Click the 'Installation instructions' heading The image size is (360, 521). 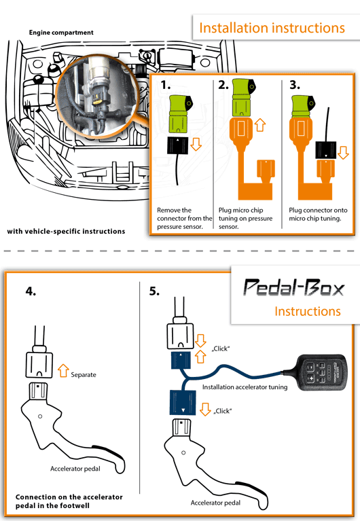coord(272,28)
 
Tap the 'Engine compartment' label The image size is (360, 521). coord(61,33)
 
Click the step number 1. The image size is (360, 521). coord(165,85)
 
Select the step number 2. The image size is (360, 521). coord(223,85)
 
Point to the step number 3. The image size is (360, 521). coord(295,85)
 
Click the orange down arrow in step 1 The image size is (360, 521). coord(196,145)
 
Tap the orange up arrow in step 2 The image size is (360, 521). coord(260,125)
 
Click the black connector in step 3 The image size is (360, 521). coord(326,150)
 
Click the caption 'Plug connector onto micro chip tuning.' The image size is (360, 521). coord(318,215)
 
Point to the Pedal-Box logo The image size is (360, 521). coord(294,287)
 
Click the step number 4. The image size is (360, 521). coord(31,291)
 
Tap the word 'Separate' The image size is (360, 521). coord(84,375)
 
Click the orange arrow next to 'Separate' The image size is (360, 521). coord(63,371)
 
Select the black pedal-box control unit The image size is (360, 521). coord(321,372)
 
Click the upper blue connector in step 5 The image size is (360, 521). coord(181,361)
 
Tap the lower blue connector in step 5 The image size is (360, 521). coord(183,403)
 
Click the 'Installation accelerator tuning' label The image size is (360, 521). coord(245,387)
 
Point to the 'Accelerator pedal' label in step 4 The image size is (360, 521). coord(75,469)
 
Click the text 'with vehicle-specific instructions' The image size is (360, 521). coord(66,231)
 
